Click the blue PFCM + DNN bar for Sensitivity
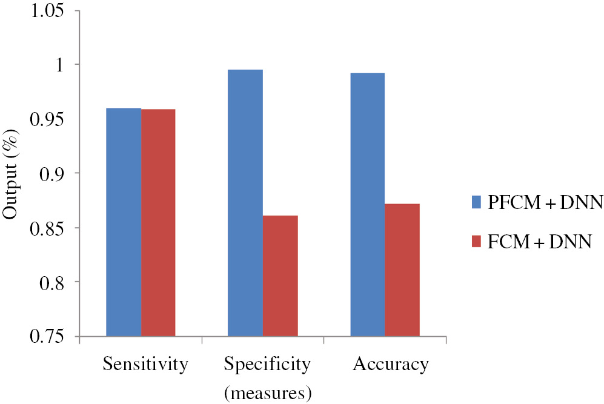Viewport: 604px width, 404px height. tap(124, 222)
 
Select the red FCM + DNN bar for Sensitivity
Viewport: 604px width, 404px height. tap(158, 222)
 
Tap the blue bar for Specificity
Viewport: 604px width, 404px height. tap(245, 202)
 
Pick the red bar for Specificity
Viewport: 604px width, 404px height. tap(280, 276)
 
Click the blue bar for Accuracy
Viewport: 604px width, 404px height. tap(367, 204)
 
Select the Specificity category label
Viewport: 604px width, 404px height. tap(267, 365)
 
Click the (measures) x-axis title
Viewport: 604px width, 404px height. tap(268, 393)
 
